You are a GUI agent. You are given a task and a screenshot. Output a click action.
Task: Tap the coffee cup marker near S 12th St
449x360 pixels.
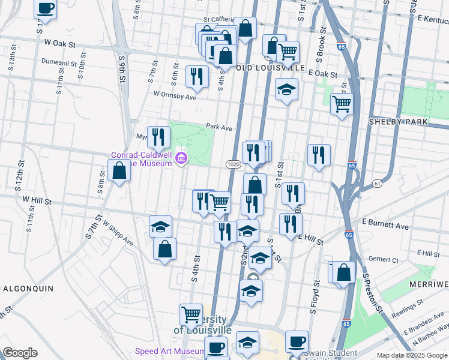46,9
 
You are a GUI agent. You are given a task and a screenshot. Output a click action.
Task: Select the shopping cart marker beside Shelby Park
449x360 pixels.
342,104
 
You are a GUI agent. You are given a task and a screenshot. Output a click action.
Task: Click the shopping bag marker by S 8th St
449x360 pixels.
119,171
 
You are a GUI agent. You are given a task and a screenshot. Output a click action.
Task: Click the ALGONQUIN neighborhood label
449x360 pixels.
28,288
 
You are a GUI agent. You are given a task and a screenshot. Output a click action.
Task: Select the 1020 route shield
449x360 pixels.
234,164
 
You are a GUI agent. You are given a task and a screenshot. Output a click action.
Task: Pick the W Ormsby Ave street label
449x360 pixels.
175,95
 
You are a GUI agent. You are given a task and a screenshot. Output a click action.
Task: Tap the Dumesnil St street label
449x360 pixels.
59,62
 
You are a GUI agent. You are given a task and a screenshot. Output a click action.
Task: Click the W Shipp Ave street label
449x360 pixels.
118,234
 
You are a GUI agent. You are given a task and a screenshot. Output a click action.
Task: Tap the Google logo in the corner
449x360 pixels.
20,353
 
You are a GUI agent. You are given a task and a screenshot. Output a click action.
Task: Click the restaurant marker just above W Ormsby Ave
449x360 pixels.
197,76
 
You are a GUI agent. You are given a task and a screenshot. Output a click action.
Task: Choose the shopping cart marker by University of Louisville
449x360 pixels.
191,314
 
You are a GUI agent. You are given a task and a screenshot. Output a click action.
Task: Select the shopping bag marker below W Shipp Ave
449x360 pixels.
164,248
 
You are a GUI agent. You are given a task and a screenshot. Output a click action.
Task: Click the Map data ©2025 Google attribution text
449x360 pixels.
411,355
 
